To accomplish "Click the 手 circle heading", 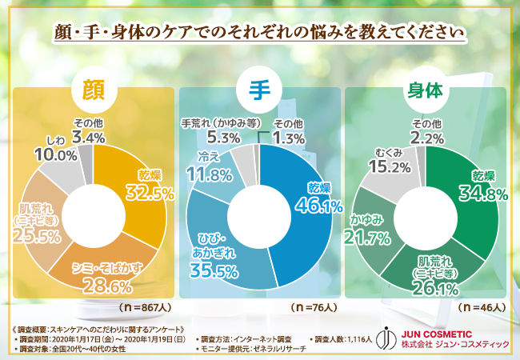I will [259, 89].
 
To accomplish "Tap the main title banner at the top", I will [260, 33].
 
